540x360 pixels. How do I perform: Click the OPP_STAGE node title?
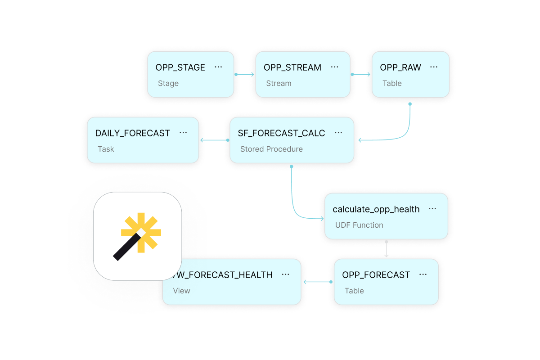click(180, 67)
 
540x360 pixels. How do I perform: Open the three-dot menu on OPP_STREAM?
click(334, 67)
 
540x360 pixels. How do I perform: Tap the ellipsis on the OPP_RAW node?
click(434, 67)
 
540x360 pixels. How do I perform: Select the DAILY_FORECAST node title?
click(132, 133)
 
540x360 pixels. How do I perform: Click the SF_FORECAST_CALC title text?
click(281, 133)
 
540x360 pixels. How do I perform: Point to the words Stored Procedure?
click(271, 149)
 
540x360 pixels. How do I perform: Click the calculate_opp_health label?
click(376, 209)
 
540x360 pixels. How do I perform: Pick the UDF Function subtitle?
click(359, 225)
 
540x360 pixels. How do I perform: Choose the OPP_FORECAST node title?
click(376, 275)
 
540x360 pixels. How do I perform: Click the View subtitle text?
click(181, 291)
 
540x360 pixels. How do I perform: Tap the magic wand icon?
click(137, 236)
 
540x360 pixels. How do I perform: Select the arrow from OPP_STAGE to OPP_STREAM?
click(245, 74)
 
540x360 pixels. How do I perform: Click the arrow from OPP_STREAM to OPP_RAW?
click(361, 74)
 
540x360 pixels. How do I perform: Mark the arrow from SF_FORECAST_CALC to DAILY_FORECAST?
click(214, 140)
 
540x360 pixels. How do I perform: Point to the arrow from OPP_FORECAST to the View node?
click(317, 282)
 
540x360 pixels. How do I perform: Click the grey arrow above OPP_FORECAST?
click(386, 249)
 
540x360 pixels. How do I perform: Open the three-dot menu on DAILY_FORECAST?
click(183, 133)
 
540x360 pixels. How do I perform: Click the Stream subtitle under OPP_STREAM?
click(279, 83)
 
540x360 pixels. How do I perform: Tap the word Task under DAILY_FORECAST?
click(106, 149)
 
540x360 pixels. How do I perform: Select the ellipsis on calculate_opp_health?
click(432, 209)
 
